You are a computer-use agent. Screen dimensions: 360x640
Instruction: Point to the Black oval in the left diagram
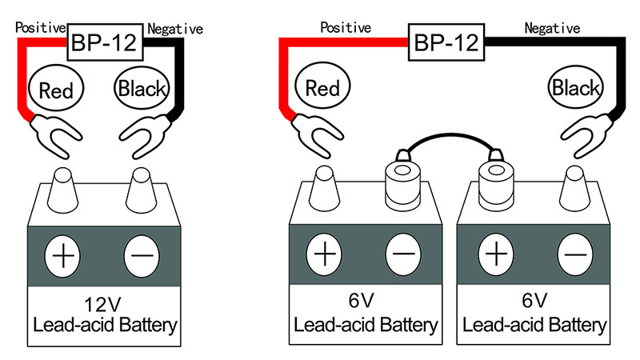coord(141,87)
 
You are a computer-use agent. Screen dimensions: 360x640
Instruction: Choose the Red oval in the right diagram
coord(319,87)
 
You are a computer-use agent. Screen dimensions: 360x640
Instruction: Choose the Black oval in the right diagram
coord(575,87)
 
